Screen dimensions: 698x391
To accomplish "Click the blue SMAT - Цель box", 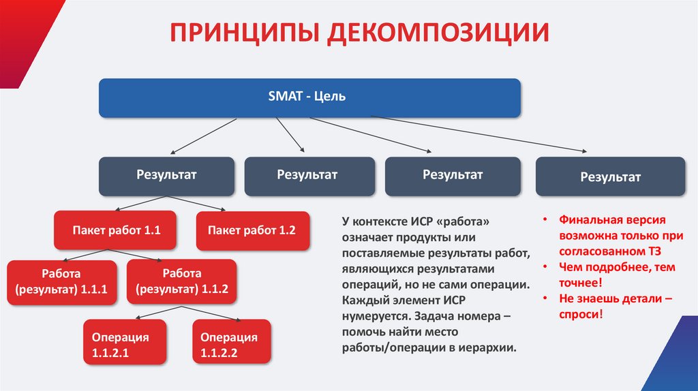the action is (x=310, y=97).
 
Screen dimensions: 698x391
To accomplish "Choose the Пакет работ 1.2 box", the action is (x=252, y=231).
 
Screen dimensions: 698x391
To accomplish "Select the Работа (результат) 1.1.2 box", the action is (x=181, y=281).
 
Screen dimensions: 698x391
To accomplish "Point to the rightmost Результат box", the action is (x=610, y=177).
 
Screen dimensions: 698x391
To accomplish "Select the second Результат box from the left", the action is (x=308, y=175).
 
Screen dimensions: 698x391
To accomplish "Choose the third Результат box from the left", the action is (x=452, y=175).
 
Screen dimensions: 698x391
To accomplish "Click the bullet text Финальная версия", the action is (x=612, y=221).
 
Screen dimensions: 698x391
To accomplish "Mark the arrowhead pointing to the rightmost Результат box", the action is (x=583, y=151).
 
